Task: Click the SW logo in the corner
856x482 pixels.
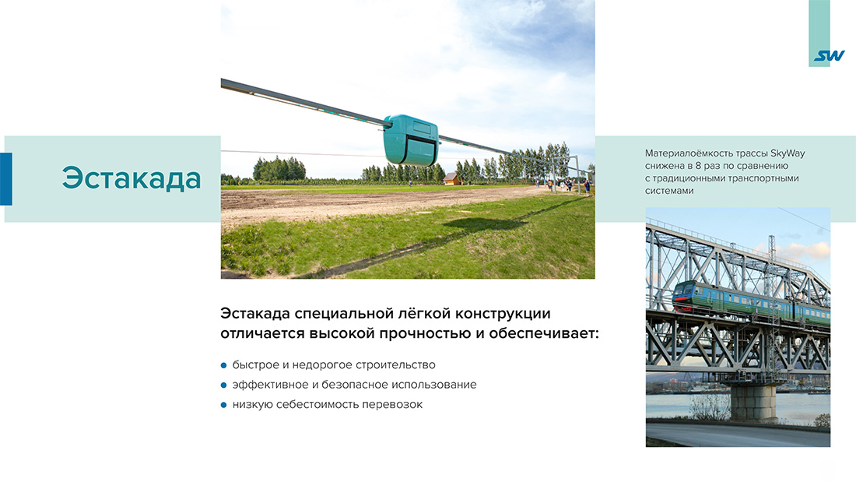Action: (x=829, y=56)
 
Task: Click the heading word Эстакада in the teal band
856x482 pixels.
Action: (x=132, y=178)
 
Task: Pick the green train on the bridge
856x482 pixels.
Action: (x=747, y=302)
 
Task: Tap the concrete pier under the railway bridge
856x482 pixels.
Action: (x=754, y=401)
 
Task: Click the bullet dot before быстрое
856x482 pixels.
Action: (x=223, y=365)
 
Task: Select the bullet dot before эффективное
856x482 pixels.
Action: (x=223, y=385)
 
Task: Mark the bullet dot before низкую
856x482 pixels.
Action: (x=223, y=405)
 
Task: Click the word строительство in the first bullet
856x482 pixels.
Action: (x=391, y=364)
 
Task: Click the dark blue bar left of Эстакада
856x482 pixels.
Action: (x=5, y=178)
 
